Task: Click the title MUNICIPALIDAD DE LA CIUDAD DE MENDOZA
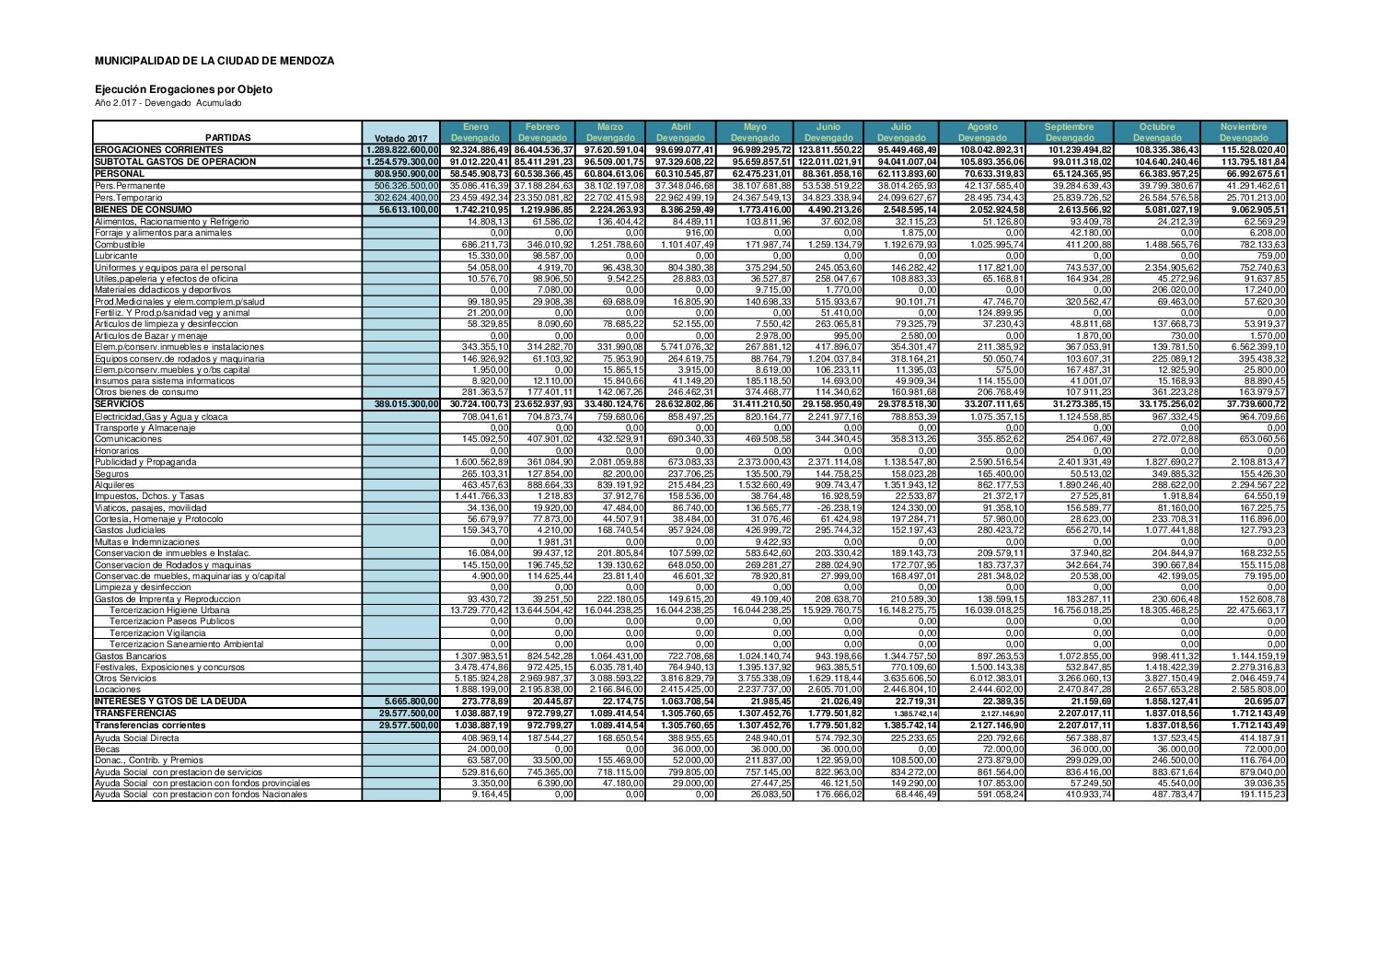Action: point(214,61)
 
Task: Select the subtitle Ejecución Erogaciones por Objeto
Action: point(183,89)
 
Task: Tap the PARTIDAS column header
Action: point(227,138)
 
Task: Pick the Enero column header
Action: point(476,127)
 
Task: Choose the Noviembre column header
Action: point(1243,127)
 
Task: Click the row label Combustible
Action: point(120,244)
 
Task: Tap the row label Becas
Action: point(107,748)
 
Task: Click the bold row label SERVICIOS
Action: point(120,403)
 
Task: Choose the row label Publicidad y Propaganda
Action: point(145,461)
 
